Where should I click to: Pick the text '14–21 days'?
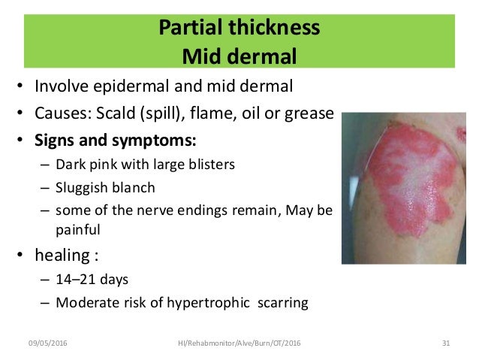coord(86,281)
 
